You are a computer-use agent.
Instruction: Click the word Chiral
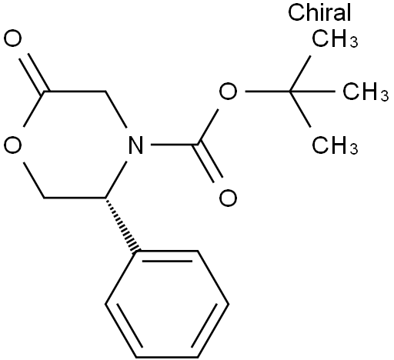tap(319, 12)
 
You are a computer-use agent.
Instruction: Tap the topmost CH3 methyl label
tap(335, 39)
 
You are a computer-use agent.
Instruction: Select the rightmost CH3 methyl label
tap(366, 92)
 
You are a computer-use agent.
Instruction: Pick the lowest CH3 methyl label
tap(335, 145)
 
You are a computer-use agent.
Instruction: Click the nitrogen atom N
tap(135, 145)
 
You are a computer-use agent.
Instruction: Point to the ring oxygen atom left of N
tap(12, 145)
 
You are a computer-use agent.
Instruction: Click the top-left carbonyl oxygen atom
tap(12, 38)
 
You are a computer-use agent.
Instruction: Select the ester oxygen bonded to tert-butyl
tap(228, 92)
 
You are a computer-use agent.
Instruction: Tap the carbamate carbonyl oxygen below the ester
tap(228, 198)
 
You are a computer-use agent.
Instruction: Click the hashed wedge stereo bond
tap(121, 225)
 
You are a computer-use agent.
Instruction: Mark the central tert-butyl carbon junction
tap(290, 92)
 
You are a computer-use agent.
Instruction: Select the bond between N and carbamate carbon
tap(174, 145)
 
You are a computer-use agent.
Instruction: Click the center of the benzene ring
tap(167, 304)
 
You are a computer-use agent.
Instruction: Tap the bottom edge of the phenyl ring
tap(167, 356)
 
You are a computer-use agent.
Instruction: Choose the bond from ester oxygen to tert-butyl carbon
tap(268, 92)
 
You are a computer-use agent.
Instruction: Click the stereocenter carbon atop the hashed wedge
tap(105, 198)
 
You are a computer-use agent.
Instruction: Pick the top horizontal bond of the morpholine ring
tap(75, 92)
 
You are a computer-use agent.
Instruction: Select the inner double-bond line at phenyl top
tap(167, 262)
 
